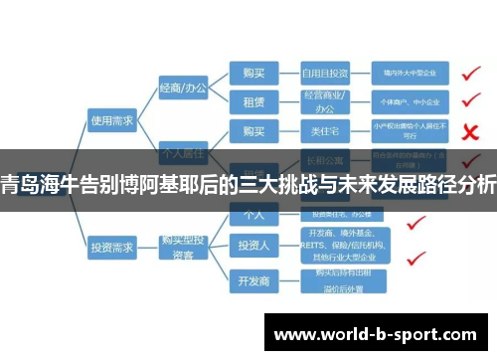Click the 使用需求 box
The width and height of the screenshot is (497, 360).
click(x=111, y=120)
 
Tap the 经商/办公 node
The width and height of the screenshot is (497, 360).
click(x=183, y=89)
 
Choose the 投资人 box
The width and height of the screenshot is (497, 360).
click(x=252, y=244)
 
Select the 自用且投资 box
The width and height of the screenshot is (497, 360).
click(x=325, y=73)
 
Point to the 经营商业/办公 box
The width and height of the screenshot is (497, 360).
click(x=325, y=102)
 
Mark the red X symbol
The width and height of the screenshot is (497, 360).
click(x=472, y=131)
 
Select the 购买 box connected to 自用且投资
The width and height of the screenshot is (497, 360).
click(x=252, y=73)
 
